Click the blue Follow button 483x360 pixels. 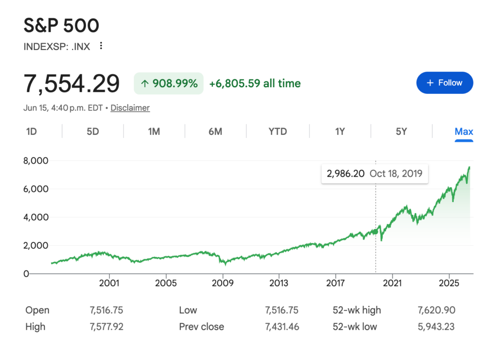(x=444, y=83)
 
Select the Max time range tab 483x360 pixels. (x=464, y=131)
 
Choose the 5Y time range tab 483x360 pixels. (x=401, y=131)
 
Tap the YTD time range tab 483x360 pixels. (x=277, y=131)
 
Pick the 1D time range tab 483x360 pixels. (x=32, y=131)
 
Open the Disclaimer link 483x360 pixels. (x=130, y=108)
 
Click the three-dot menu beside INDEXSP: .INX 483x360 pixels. (x=101, y=46)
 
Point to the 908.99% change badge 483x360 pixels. (x=168, y=83)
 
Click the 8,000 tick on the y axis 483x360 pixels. (x=36, y=161)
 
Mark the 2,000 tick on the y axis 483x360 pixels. (x=36, y=245)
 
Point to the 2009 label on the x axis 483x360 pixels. (x=223, y=283)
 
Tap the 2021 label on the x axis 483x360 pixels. (x=392, y=283)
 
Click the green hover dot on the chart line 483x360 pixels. (x=375, y=231)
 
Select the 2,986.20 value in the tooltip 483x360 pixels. (x=345, y=173)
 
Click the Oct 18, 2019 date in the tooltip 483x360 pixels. (x=396, y=173)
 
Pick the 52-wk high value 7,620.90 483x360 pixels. (x=436, y=310)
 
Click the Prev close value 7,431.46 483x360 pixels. (x=282, y=327)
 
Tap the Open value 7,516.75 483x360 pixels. (x=106, y=310)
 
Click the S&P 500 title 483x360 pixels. (x=61, y=25)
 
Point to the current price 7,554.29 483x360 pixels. (x=72, y=83)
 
